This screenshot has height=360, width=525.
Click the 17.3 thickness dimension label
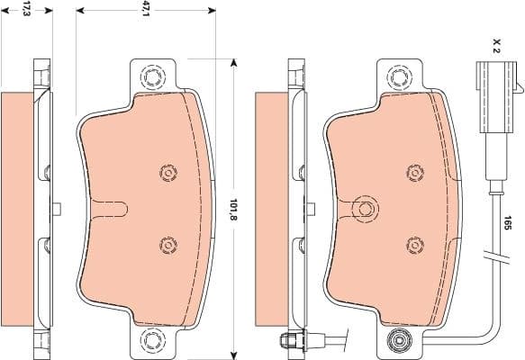tap(26, 10)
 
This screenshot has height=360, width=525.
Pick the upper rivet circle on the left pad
tap(166, 172)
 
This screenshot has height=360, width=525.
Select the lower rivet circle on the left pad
tap(166, 244)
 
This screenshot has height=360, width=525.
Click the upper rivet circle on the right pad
tap(413, 172)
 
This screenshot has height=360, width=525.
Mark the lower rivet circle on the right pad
tap(413, 243)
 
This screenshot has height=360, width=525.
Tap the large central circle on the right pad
tap(365, 209)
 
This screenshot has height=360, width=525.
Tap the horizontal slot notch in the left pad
tap(113, 209)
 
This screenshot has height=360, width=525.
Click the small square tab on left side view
tap(57, 209)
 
